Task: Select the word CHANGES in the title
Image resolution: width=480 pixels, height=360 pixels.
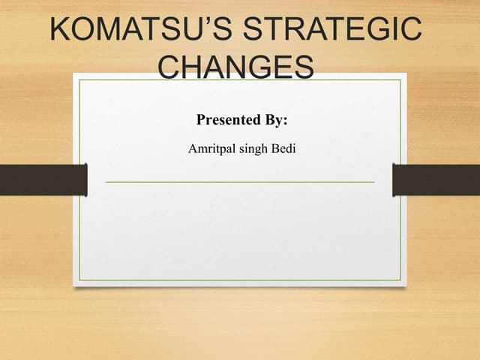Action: coord(237,68)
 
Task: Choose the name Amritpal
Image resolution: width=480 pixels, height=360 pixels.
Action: coord(210,149)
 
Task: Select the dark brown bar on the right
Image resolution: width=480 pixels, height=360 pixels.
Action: coord(436,180)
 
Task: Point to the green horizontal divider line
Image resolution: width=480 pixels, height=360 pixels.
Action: coord(240,181)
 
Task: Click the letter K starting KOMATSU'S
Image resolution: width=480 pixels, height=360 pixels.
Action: coord(59,30)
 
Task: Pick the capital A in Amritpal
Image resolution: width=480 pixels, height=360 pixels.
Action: coord(193,149)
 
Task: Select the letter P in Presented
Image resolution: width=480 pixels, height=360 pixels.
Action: coord(201,120)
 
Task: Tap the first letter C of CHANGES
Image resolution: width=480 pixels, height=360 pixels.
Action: coord(172,68)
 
